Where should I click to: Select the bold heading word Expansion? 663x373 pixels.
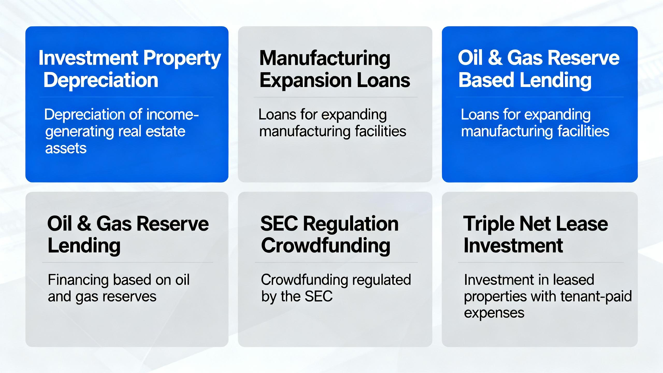tap(305, 81)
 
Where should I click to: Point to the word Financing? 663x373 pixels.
tap(78, 280)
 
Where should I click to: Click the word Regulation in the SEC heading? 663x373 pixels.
tap(351, 224)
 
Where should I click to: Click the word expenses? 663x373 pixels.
tap(494, 313)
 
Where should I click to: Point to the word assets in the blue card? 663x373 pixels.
tap(66, 148)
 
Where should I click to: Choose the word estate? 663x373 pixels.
tap(165, 131)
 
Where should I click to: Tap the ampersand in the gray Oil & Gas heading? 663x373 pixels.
tap(84, 224)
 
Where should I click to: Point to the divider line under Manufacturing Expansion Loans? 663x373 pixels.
tap(336, 97)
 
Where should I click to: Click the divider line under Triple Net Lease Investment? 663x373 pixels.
tap(541, 262)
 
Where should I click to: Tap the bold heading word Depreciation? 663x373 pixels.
tap(101, 80)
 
